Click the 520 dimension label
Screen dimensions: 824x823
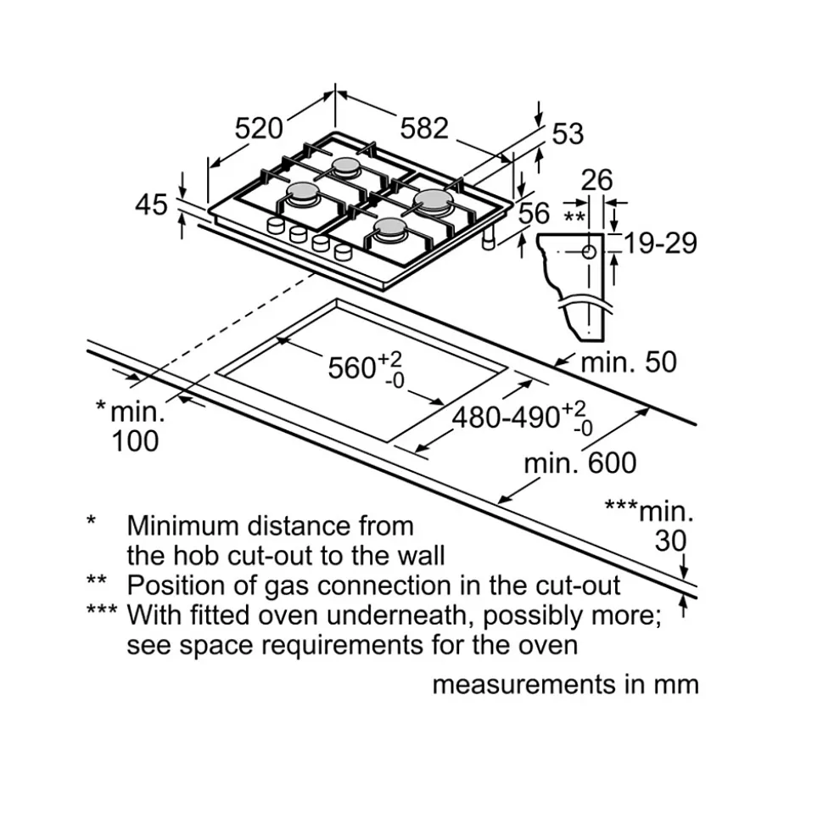click(x=258, y=129)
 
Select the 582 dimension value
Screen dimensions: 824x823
click(x=423, y=128)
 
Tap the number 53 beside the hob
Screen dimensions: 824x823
click(x=568, y=133)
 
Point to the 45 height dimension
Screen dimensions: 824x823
click(x=153, y=205)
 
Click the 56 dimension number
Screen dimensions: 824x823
click(x=534, y=213)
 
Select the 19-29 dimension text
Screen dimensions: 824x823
click(x=660, y=243)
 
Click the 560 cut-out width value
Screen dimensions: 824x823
click(x=352, y=367)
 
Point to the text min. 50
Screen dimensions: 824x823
click(x=628, y=362)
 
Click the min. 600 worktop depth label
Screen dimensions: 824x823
click(x=579, y=463)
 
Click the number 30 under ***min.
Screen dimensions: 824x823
click(x=670, y=541)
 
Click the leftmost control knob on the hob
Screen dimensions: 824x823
click(x=276, y=225)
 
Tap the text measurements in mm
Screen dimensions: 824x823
click(x=565, y=685)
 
